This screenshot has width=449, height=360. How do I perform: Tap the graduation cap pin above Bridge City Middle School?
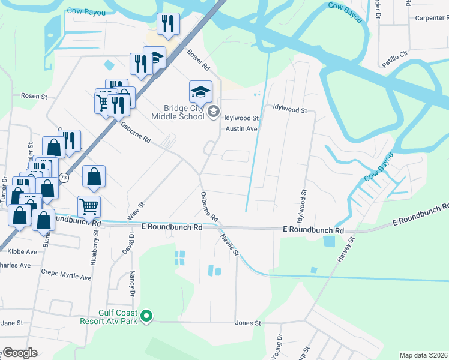tap(201, 92)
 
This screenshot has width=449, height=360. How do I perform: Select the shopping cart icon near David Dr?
tap(89, 206)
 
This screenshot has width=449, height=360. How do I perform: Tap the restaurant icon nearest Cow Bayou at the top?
tap(167, 23)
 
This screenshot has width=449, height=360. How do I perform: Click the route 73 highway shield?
tap(64, 178)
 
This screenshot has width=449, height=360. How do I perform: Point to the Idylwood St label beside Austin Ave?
tap(241, 119)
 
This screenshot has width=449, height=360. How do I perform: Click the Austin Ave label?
tap(241, 129)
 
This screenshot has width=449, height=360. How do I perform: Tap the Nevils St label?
tap(229, 245)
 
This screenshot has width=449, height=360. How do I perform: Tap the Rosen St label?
tap(34, 96)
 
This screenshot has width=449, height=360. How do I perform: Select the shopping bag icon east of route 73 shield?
tap(94, 176)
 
